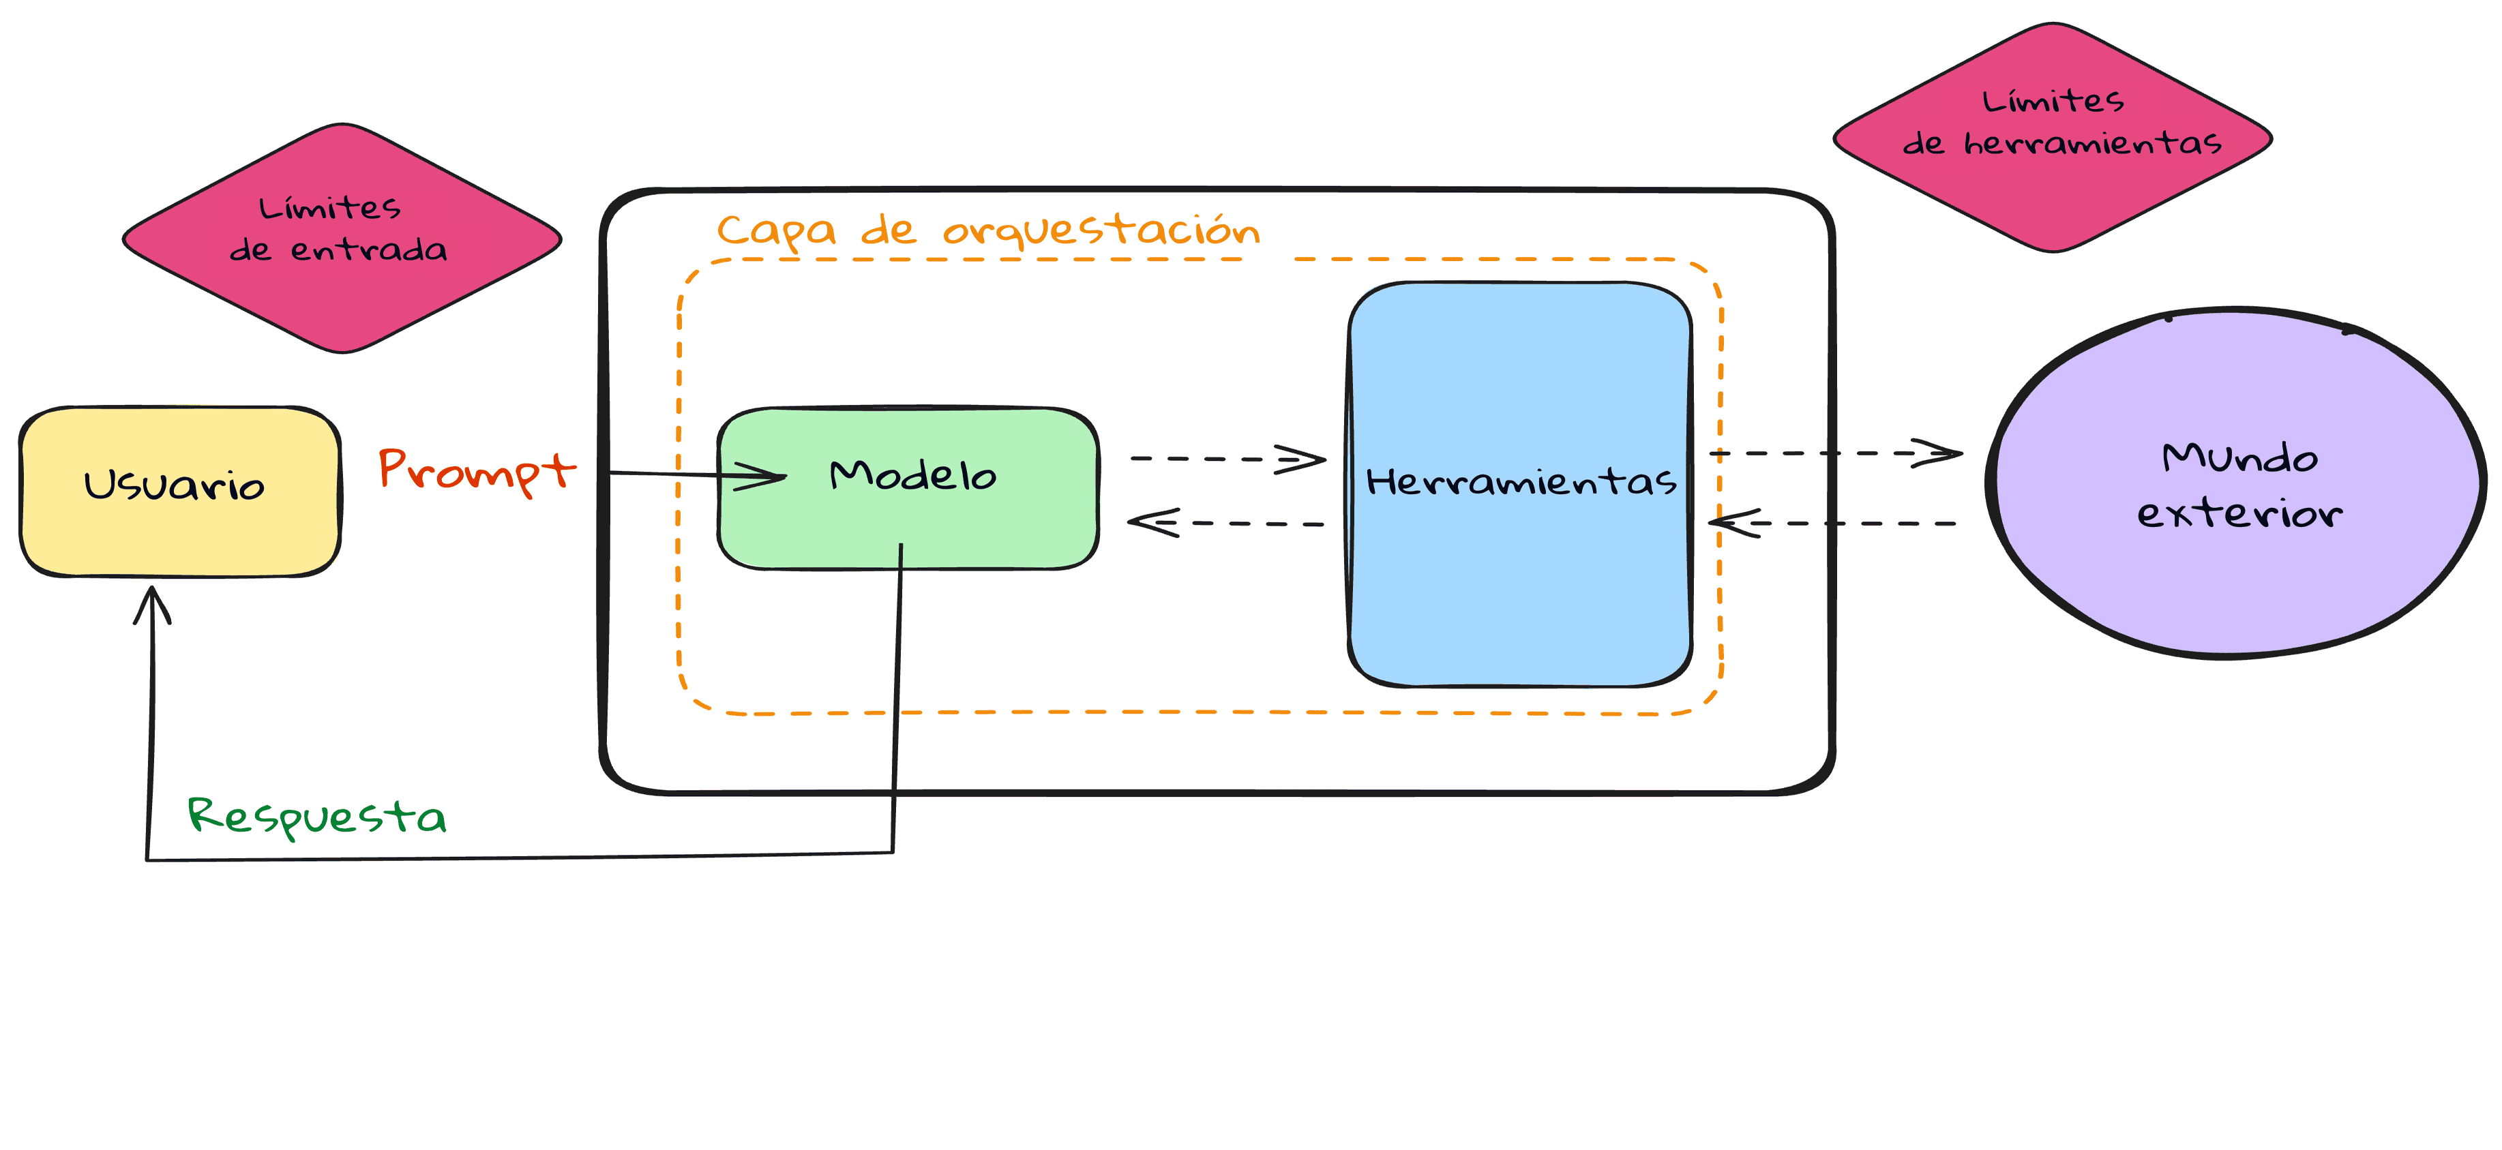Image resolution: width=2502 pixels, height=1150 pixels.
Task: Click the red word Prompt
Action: click(476, 470)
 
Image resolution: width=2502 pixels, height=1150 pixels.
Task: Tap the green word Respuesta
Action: click(316, 816)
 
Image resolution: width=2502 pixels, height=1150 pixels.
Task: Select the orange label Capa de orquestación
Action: click(988, 230)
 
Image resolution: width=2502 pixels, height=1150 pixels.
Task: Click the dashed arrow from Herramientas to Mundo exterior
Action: click(1836, 453)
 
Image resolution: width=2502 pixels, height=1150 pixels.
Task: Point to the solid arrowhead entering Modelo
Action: click(762, 476)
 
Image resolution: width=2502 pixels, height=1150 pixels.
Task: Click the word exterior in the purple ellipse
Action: click(2239, 513)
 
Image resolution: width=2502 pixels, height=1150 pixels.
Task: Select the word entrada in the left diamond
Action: click(368, 251)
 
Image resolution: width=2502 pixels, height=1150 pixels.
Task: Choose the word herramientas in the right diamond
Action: click(2092, 144)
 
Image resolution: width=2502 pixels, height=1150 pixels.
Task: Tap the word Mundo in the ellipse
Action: click(2239, 457)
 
